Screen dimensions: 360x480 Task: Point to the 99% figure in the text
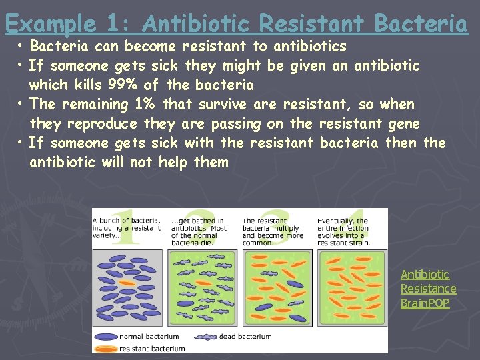tap(123, 85)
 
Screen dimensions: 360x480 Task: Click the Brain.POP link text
tap(425, 303)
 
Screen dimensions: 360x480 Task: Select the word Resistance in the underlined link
tap(428, 289)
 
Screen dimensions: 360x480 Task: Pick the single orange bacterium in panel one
tap(127, 283)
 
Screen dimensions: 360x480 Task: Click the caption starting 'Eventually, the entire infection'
tap(343, 231)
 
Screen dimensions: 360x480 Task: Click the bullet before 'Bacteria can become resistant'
tap(21, 47)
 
